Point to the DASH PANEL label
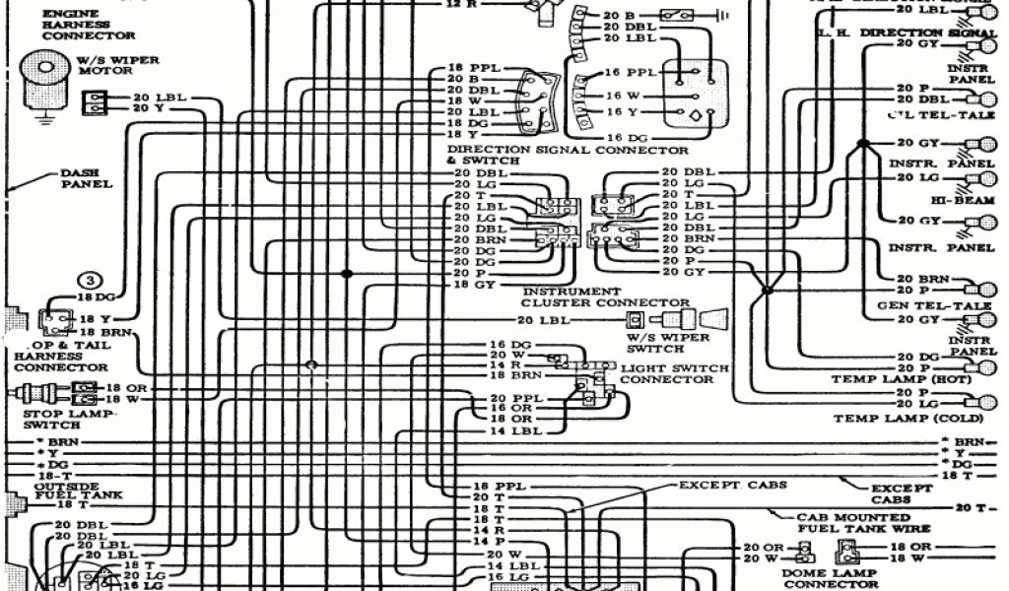click(x=87, y=178)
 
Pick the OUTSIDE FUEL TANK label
click(x=65, y=492)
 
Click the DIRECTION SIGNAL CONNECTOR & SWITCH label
click(x=567, y=155)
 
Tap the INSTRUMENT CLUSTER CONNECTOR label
click(x=605, y=297)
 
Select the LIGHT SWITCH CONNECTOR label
click(x=674, y=374)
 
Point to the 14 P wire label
click(x=488, y=541)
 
